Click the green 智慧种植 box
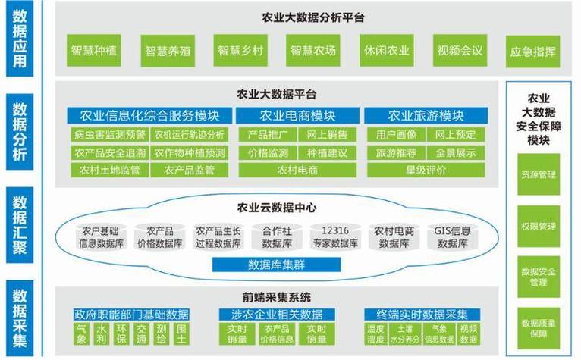[94, 50]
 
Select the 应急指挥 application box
[532, 52]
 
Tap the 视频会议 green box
[460, 50]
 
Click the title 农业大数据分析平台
[313, 17]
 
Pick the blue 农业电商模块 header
[297, 115]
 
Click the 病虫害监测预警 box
[110, 134]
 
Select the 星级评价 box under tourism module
[426, 171]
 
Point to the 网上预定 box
[455, 134]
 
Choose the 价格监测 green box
[268, 152]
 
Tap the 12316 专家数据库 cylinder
[335, 237]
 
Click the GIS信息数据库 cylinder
[452, 237]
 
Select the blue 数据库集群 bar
[276, 265]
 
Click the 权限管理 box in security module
[539, 227]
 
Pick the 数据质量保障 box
[539, 328]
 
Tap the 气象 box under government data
[81, 333]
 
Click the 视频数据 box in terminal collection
[469, 333]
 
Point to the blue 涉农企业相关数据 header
[277, 315]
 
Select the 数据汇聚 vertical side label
[20, 225]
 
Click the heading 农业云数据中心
[277, 208]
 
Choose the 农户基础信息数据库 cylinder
[101, 237]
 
